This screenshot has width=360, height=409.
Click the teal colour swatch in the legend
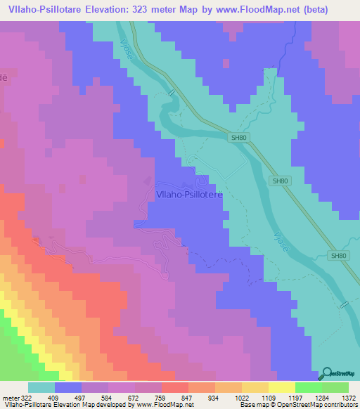click(x=41, y=387)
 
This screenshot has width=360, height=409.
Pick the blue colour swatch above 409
click(x=68, y=387)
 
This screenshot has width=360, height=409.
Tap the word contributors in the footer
click(x=342, y=405)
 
